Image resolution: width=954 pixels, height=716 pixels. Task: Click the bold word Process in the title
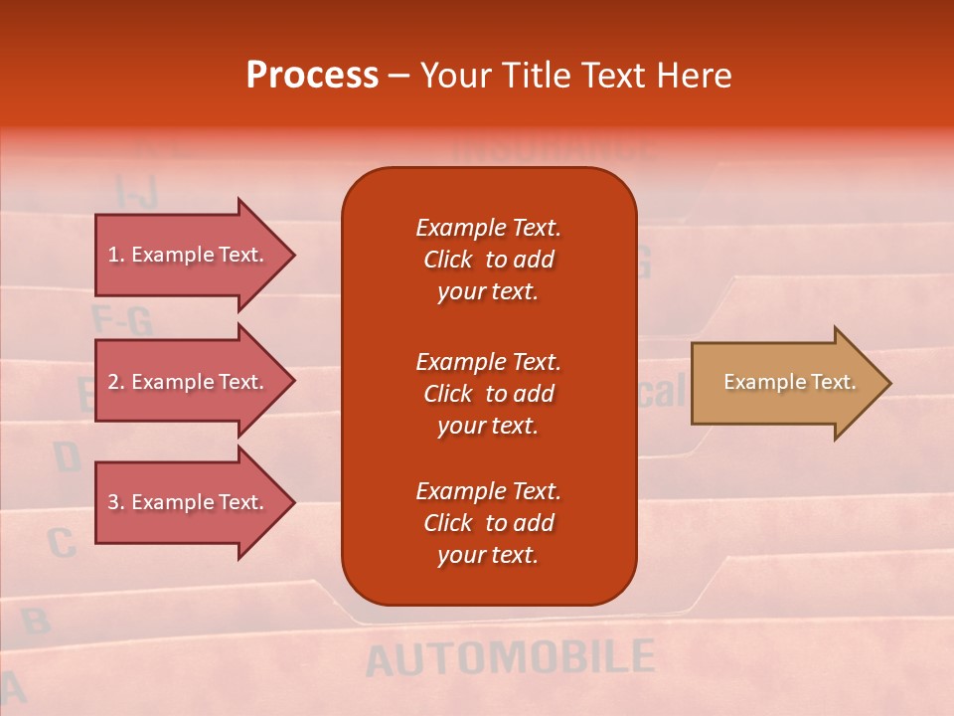point(312,76)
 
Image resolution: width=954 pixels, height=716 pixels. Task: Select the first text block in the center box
point(488,260)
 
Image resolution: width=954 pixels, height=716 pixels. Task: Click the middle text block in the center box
point(488,394)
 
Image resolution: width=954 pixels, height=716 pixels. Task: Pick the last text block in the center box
point(488,523)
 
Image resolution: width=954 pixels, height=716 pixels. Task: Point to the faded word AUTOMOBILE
point(510,658)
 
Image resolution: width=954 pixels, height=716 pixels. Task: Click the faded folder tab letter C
point(62,543)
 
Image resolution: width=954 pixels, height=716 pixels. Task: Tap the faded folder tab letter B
point(36,622)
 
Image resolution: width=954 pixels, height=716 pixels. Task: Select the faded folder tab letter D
point(67,457)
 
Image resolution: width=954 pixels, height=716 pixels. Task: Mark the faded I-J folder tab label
point(136,191)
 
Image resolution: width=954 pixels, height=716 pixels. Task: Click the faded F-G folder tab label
point(121,320)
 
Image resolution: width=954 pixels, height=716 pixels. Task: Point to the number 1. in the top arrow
point(116,255)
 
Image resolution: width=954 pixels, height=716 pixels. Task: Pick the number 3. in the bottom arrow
point(116,502)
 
